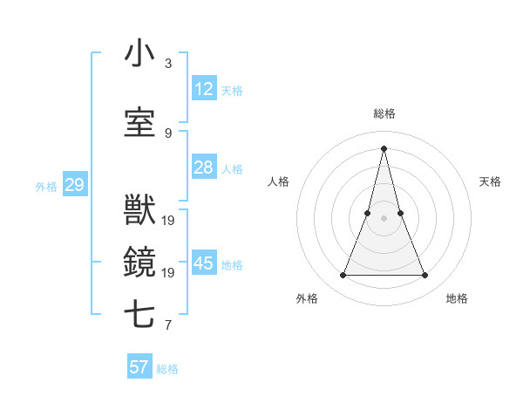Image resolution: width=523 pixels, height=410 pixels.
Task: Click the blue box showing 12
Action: (204, 89)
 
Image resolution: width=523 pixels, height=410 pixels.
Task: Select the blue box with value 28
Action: (204, 167)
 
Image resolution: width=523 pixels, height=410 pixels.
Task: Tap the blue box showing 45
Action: (204, 263)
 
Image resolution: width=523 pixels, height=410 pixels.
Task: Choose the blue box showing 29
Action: (74, 185)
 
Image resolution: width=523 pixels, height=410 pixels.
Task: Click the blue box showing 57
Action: (139, 367)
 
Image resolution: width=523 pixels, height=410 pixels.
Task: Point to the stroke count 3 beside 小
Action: (168, 64)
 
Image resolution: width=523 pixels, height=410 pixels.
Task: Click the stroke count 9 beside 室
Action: (168, 133)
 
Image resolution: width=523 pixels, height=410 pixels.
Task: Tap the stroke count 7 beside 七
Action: (168, 326)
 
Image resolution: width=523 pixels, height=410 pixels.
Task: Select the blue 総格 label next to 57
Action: (167, 369)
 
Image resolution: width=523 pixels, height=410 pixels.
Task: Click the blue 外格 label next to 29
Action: (46, 186)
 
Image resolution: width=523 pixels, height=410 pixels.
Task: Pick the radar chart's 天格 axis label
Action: (490, 181)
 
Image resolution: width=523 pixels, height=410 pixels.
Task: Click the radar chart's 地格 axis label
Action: (457, 298)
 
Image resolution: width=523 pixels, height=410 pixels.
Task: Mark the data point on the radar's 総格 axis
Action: (384, 147)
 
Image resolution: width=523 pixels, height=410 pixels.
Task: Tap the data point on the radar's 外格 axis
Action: (343, 276)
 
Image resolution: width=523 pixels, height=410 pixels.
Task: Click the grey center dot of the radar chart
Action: (384, 218)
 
